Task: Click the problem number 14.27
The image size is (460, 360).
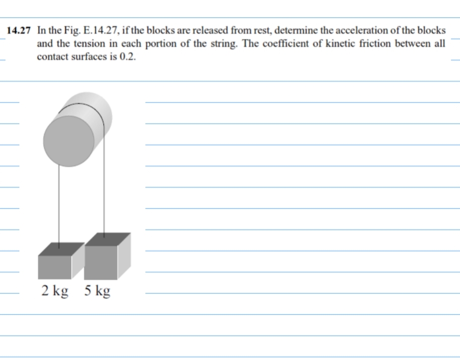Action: point(18,31)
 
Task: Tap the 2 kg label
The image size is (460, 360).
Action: point(55,291)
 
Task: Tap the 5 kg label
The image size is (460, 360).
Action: point(97,291)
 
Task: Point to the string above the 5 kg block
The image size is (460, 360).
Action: point(104,188)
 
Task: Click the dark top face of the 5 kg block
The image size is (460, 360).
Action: point(108,239)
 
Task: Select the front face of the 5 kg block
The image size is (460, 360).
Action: point(101,262)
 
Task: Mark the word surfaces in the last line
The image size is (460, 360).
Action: point(93,56)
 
